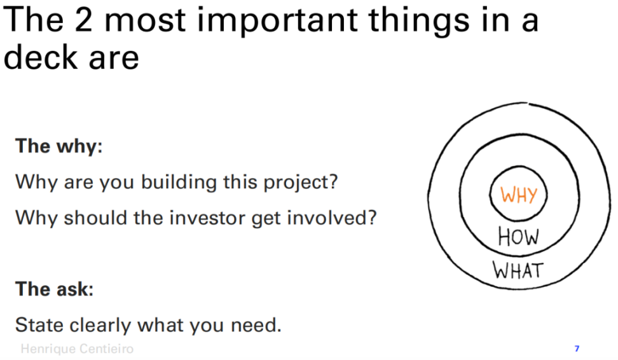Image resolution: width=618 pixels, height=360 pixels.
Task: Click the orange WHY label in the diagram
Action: point(519,195)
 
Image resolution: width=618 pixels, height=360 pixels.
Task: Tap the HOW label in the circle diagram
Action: point(518,237)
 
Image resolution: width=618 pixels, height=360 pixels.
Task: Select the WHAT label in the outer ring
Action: point(518,270)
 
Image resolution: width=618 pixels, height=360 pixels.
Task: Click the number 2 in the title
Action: point(83,20)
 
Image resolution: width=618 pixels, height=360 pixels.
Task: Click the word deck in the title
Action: point(41,57)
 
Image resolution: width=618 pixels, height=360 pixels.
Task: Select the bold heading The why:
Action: point(59,146)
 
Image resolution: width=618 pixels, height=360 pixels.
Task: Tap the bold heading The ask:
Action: point(55,289)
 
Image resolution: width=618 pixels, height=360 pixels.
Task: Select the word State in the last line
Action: point(39,325)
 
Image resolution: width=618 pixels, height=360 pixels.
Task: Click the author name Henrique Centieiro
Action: point(78,349)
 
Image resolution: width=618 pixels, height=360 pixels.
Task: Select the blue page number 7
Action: point(577,349)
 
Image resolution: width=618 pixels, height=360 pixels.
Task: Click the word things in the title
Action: point(419,21)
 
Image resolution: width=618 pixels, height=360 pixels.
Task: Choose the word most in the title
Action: point(145,21)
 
